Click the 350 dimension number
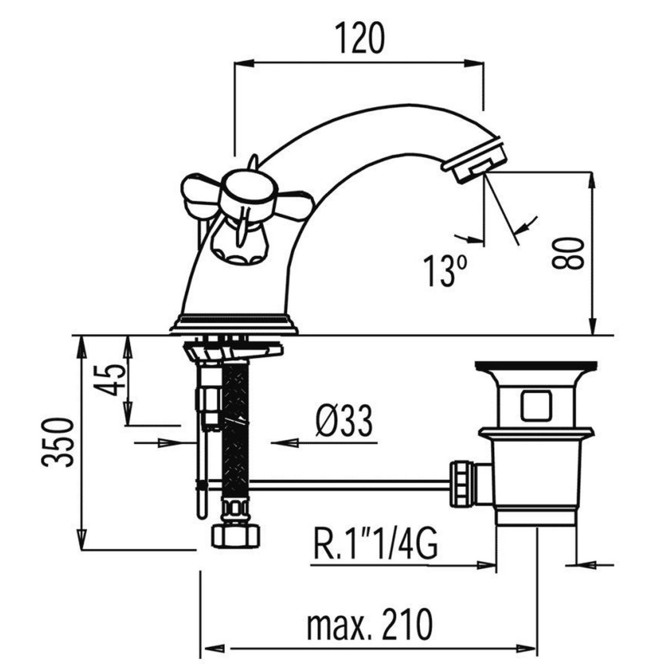(58, 443)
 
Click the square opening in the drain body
(536, 405)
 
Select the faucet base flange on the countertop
(234, 324)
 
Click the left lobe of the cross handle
(200, 197)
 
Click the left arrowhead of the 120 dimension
(243, 63)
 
